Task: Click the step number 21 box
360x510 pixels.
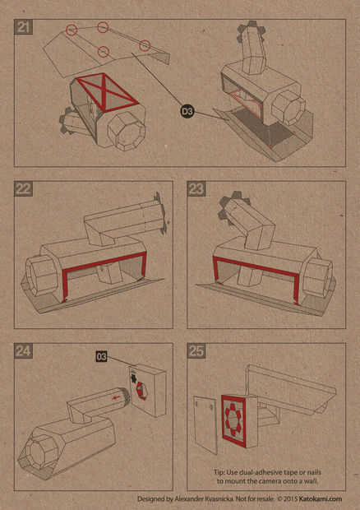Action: pyautogui.click(x=23, y=27)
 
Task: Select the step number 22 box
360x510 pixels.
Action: pyautogui.click(x=23, y=188)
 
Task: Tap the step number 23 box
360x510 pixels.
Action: pyautogui.click(x=196, y=188)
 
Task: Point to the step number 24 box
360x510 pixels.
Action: pyautogui.click(x=23, y=351)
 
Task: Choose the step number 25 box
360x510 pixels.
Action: pyautogui.click(x=196, y=351)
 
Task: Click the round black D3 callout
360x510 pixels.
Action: pyautogui.click(x=187, y=112)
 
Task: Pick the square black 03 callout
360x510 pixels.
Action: pyautogui.click(x=101, y=356)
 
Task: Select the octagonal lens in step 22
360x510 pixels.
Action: pyautogui.click(x=42, y=275)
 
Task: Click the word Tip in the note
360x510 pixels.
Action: pyautogui.click(x=219, y=472)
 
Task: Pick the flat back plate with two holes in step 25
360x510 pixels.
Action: pyautogui.click(x=205, y=424)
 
